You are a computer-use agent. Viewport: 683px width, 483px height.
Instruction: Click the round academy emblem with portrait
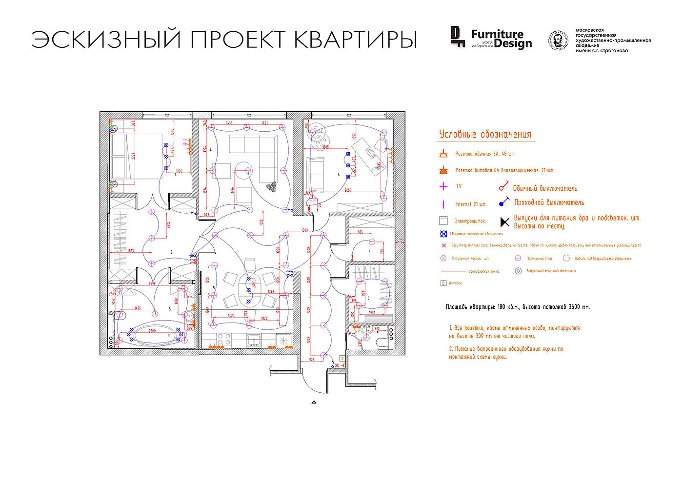coord(558,40)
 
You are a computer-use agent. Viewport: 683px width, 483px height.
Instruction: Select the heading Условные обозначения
coord(485,135)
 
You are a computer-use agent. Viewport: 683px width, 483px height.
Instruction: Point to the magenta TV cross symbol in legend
coord(443,186)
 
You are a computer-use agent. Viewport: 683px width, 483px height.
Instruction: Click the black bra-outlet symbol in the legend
coord(505,222)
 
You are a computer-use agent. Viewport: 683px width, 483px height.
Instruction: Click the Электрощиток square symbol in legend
coord(443,221)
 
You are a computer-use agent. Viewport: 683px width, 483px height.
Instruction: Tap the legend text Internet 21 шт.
coord(471,204)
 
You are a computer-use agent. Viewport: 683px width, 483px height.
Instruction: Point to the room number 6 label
coord(339,174)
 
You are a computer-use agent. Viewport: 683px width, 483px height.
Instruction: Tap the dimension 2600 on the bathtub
coord(152,330)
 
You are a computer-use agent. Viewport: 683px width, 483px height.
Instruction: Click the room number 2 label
coord(172,252)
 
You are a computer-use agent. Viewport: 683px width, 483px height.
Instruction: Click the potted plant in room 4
coord(271,186)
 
